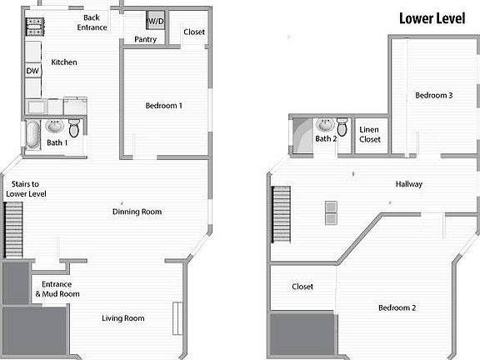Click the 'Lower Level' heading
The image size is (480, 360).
(x=432, y=18)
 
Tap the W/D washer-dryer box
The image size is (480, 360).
(x=156, y=21)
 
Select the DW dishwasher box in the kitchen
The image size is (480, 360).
(x=32, y=72)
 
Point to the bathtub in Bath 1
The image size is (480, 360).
(x=32, y=135)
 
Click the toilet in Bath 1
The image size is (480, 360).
(x=74, y=127)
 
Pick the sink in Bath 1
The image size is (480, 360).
(x=55, y=127)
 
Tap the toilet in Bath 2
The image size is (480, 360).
(x=342, y=127)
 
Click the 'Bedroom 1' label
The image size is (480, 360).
(x=163, y=106)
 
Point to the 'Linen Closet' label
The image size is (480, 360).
(x=370, y=135)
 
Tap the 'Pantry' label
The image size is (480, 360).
(x=146, y=39)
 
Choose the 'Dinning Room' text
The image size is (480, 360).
(x=137, y=212)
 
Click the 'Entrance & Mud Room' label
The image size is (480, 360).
(x=56, y=288)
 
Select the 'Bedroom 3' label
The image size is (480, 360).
(x=433, y=96)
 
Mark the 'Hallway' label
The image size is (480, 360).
(x=408, y=185)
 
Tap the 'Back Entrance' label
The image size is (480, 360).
(x=92, y=22)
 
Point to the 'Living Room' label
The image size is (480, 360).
(x=123, y=318)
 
